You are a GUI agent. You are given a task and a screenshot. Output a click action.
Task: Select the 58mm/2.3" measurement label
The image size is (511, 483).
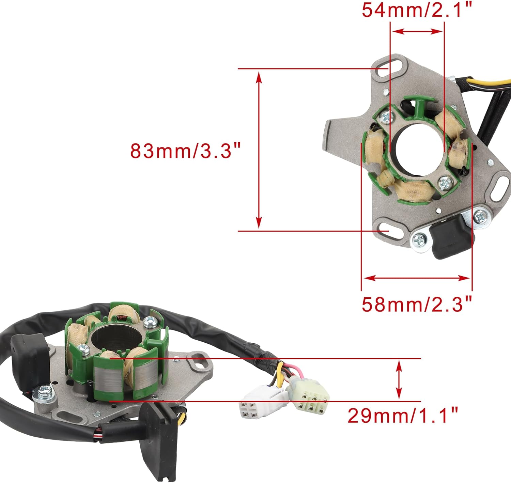coord(416,304)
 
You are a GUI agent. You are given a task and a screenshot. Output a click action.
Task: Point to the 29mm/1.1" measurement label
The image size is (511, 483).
coord(402,415)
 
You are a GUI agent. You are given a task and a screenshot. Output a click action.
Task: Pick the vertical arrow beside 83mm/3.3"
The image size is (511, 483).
coord(259,150)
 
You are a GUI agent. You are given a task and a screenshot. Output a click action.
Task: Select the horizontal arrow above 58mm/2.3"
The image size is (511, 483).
coord(416,278)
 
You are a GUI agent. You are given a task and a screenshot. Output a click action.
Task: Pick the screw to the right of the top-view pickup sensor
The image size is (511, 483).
coord(481,216)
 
